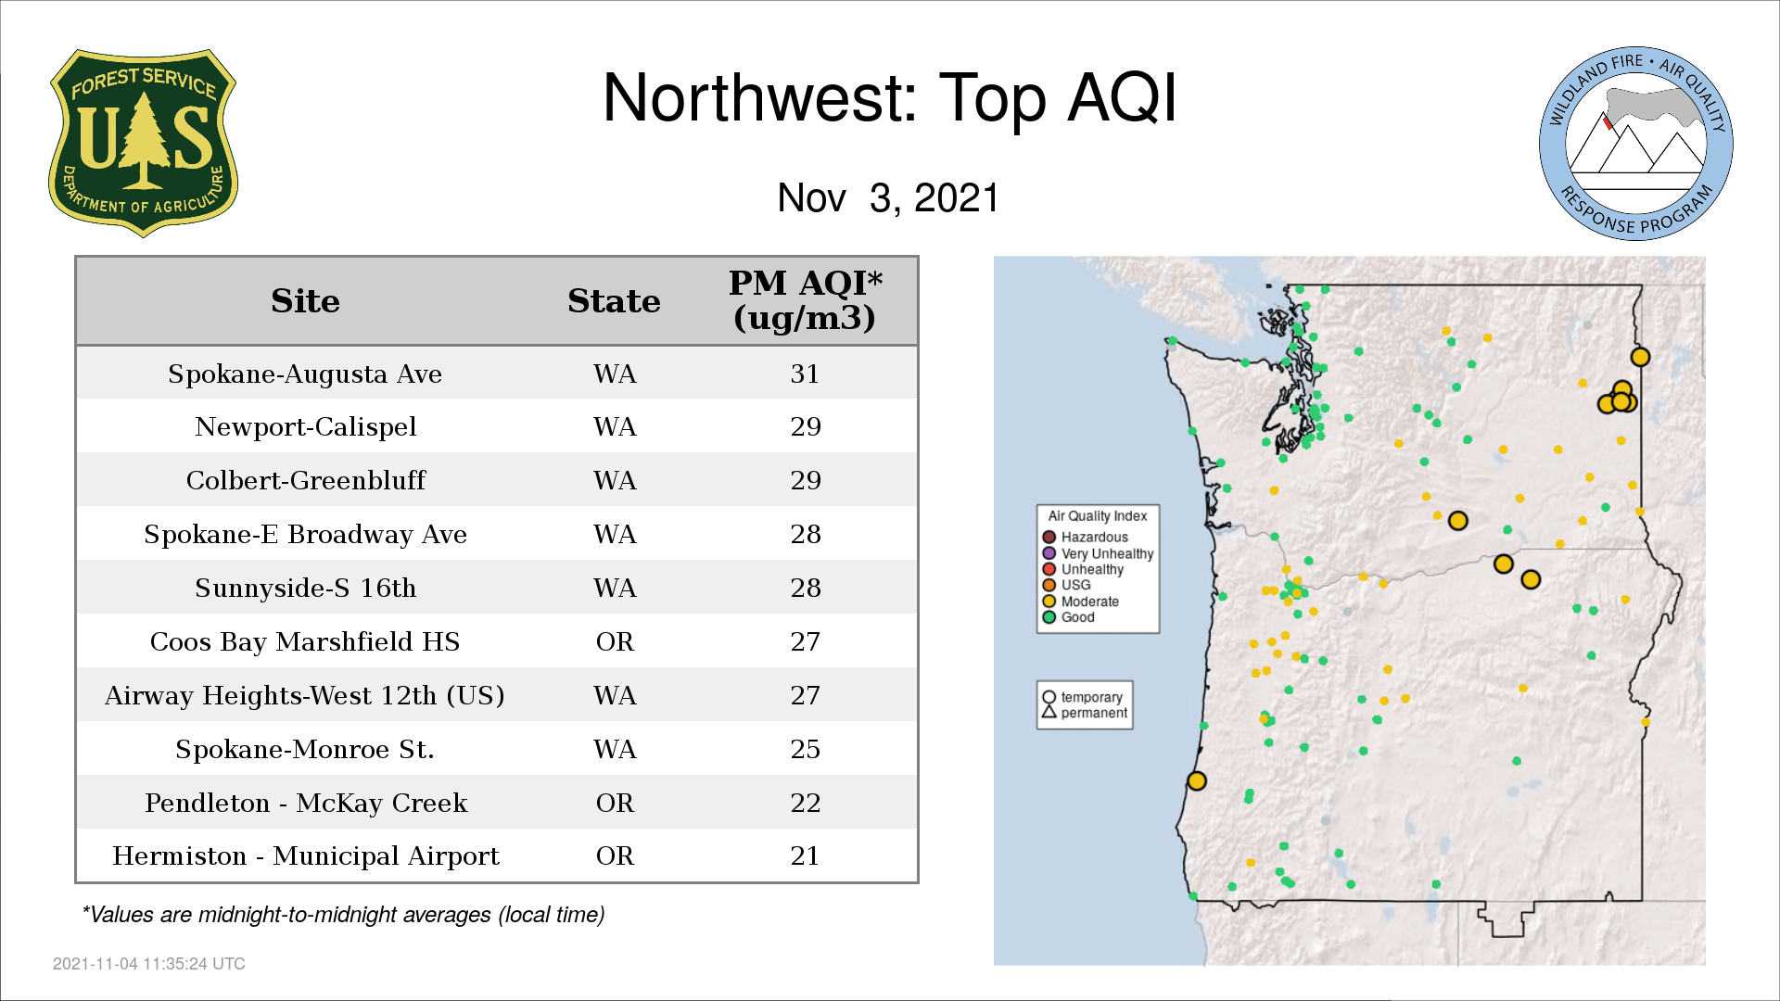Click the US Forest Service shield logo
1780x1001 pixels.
tap(143, 143)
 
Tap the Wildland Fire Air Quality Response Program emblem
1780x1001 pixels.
tap(1636, 144)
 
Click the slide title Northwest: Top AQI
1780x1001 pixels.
tap(889, 97)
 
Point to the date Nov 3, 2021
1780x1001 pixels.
tap(888, 197)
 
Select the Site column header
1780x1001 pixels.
tap(305, 300)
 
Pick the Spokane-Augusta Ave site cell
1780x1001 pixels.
tap(305, 374)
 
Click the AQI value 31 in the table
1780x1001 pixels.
tap(805, 374)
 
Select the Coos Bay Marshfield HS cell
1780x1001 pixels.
tap(305, 641)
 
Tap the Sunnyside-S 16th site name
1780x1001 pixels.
tap(305, 588)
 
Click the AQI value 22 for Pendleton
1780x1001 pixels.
tap(805, 803)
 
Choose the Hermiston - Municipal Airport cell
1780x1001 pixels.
tap(305, 855)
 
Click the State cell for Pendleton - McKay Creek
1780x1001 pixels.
tap(615, 803)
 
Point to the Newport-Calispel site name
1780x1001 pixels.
tap(305, 426)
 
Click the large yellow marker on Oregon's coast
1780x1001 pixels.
tap(1197, 781)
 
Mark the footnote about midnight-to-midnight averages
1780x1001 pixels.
tap(343, 915)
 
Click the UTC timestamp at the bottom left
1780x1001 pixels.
tap(149, 964)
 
